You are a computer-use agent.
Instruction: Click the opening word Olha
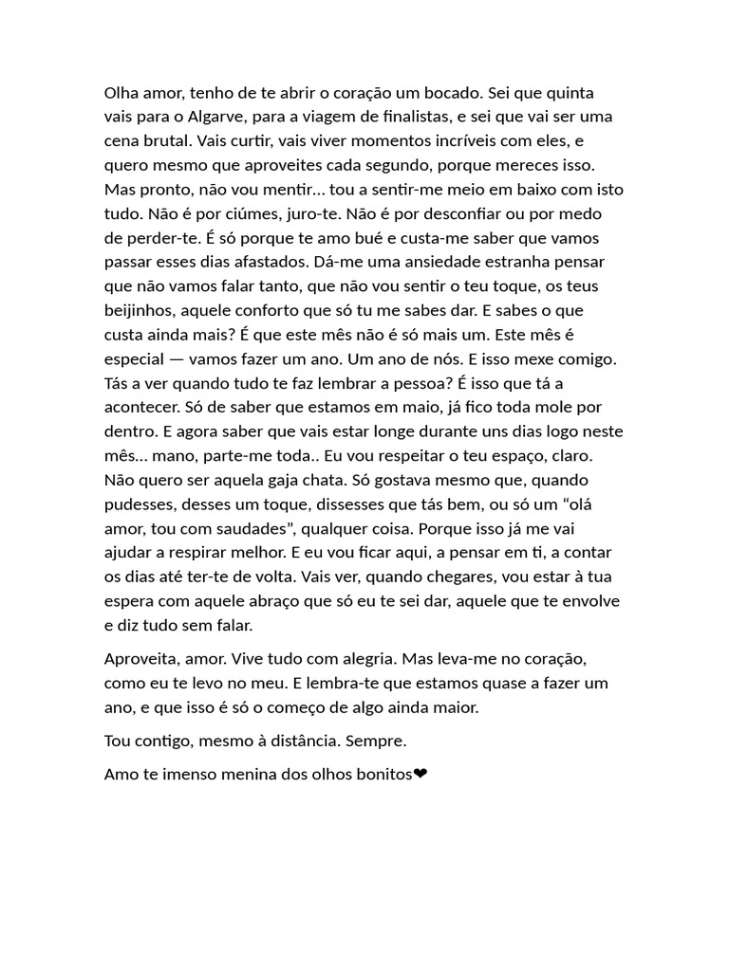pyautogui.click(x=121, y=93)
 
